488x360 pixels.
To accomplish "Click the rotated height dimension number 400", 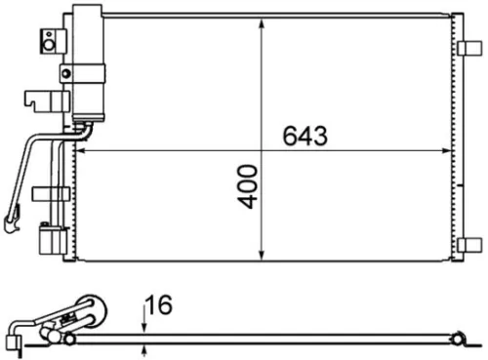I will pyautogui.click(x=251, y=185).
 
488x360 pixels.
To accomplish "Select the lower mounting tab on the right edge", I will pyautogui.click(x=470, y=244).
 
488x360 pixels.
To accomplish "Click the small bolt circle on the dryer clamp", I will pyautogui.click(x=65, y=70).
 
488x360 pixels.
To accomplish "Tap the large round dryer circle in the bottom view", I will pyautogui.click(x=90, y=312).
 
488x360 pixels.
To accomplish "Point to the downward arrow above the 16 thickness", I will pyautogui.click(x=145, y=323).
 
